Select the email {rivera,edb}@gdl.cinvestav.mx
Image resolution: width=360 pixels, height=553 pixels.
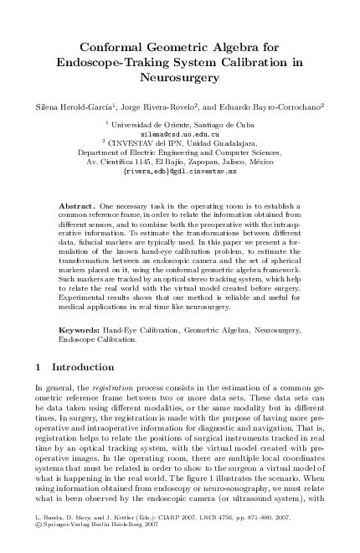[179, 171]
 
